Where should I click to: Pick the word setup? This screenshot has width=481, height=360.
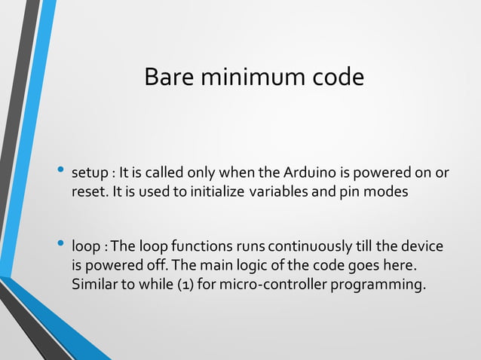coord(90,175)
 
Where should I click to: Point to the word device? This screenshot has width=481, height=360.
coord(424,247)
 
